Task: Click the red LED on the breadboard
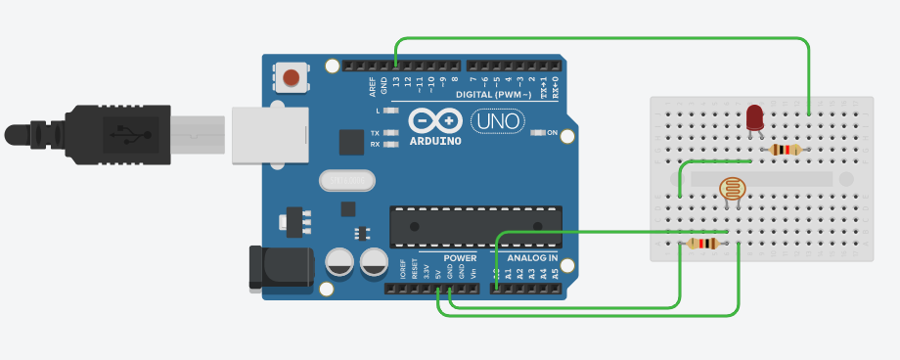click(x=754, y=117)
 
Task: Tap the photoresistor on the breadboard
click(x=730, y=188)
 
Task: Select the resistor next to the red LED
click(x=785, y=150)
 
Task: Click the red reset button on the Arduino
click(x=291, y=77)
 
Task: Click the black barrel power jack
click(x=280, y=267)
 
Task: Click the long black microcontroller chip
click(x=475, y=226)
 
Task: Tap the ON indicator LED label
click(x=552, y=133)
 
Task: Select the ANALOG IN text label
click(x=532, y=258)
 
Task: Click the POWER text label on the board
click(x=460, y=258)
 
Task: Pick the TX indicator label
click(x=375, y=133)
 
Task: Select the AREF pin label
click(x=373, y=87)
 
